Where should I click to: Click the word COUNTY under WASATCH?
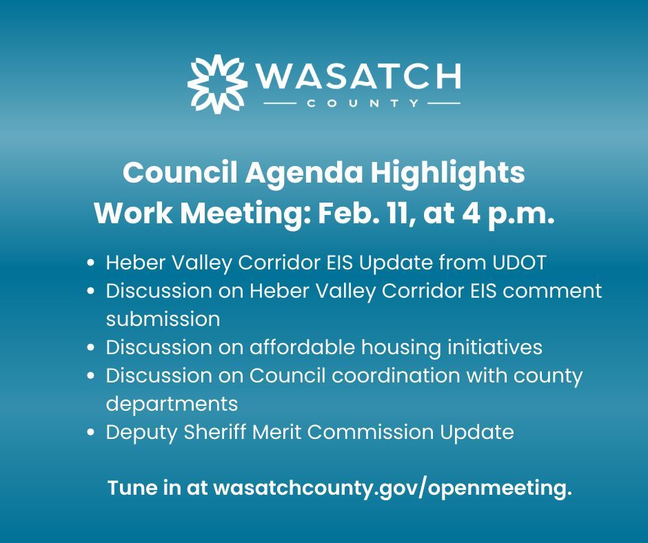tap(361, 105)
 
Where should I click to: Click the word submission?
tap(163, 319)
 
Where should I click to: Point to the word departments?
tap(172, 404)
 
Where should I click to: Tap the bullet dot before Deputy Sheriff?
tap(92, 433)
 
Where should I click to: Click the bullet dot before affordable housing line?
tap(92, 348)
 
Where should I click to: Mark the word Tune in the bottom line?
tap(131, 488)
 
